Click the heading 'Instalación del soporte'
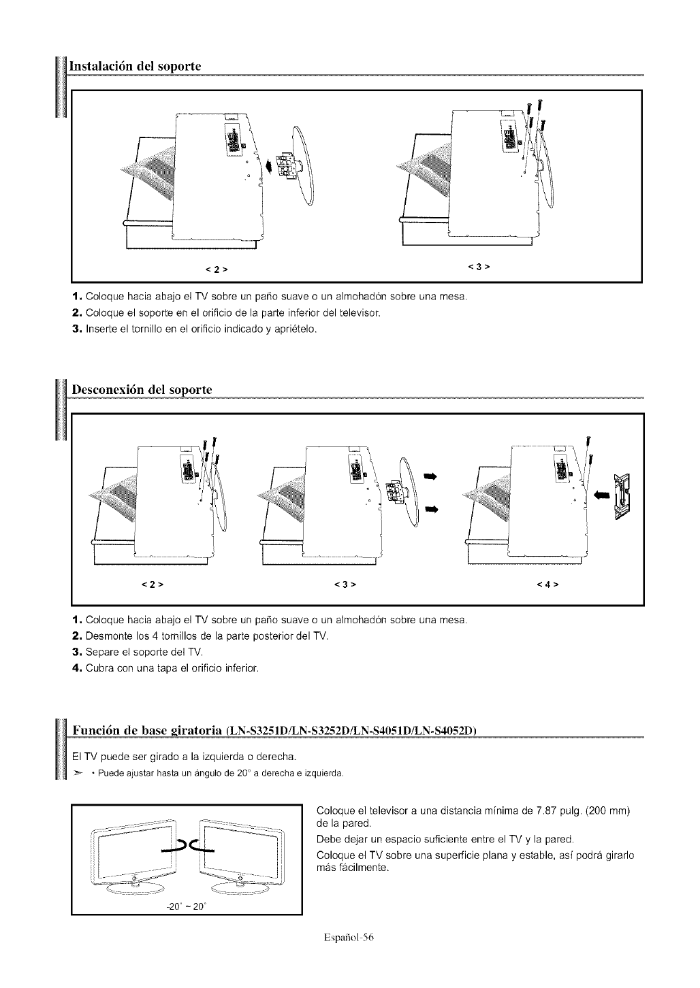tap(133, 67)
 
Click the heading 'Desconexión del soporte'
tap(140, 390)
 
